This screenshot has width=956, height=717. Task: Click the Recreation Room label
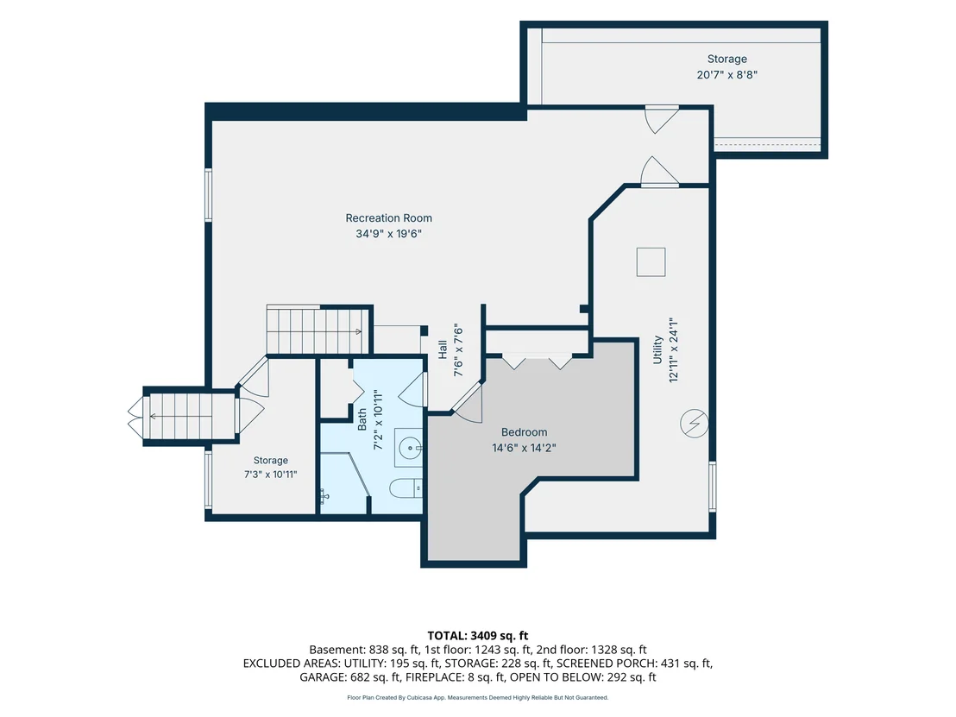tap(388, 217)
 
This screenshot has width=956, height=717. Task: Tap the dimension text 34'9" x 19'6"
tap(388, 234)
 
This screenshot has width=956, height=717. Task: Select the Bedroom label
tap(524, 432)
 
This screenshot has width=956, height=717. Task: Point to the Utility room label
tap(657, 349)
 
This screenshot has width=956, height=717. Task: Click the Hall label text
tap(443, 349)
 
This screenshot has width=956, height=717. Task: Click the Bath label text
tap(362, 419)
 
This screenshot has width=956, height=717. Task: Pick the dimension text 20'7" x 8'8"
tap(726, 75)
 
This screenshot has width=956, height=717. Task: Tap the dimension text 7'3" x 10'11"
tap(270, 475)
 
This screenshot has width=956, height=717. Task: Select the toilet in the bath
tap(406, 487)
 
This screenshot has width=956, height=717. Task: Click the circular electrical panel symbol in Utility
tap(694, 423)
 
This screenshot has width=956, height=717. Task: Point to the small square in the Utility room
tap(651, 262)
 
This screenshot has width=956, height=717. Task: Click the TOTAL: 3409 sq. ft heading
tap(477, 636)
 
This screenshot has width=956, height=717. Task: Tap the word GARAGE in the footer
tap(323, 677)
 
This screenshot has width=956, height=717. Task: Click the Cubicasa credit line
tap(477, 697)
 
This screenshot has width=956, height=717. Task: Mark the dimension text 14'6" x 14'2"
tap(524, 448)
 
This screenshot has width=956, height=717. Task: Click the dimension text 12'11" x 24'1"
tap(673, 349)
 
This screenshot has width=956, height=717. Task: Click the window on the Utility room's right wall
tap(712, 485)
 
